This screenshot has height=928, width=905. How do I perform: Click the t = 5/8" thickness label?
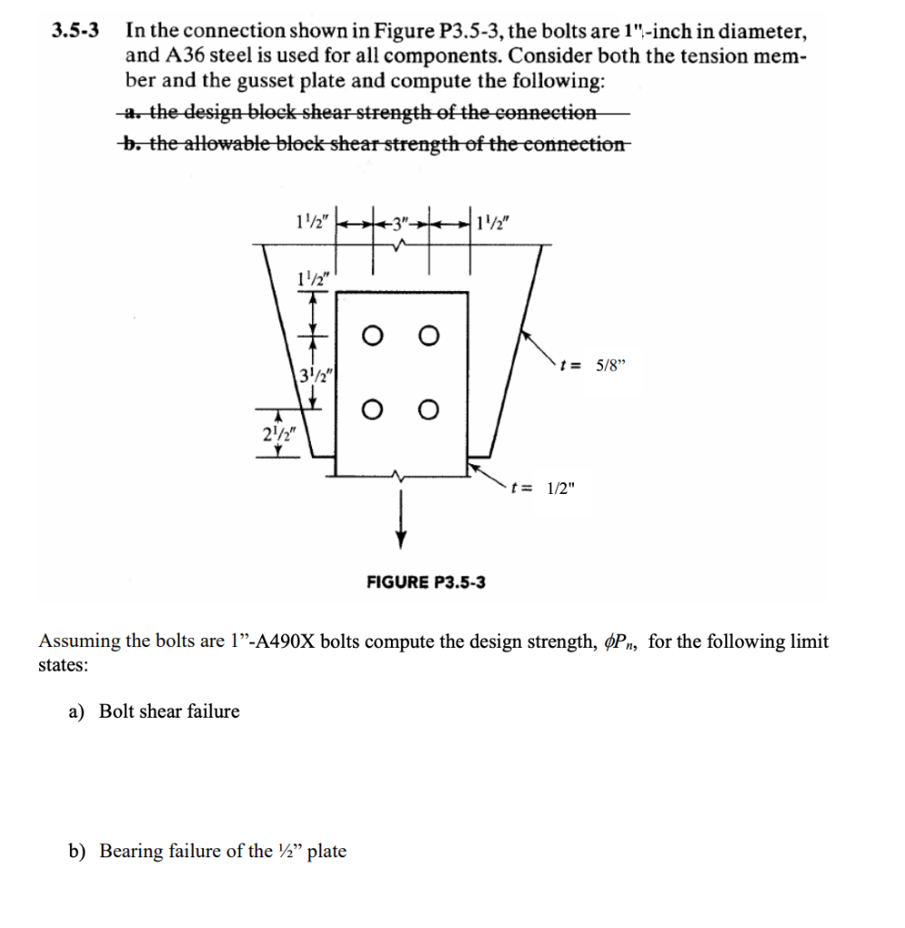pos(593,367)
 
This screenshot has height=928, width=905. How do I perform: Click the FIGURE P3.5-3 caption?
pos(425,582)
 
